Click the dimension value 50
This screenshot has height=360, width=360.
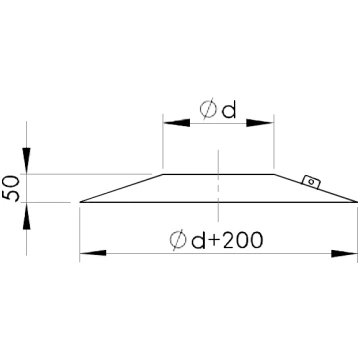(12, 187)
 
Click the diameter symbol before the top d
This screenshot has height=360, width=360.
(208, 109)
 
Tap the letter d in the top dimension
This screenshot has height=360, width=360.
(229, 110)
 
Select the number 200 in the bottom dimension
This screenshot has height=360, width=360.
(242, 240)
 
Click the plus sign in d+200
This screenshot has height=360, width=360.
(214, 241)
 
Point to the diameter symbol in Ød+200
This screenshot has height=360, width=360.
(178, 240)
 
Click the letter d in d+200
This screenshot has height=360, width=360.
(198, 240)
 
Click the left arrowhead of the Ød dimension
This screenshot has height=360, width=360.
(176, 123)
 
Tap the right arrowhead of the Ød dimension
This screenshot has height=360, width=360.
(260, 123)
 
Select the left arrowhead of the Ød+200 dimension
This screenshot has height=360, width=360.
(93, 253)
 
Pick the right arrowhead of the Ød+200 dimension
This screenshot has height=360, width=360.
(344, 253)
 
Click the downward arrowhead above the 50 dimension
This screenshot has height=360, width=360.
(27, 161)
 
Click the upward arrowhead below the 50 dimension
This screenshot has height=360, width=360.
(27, 216)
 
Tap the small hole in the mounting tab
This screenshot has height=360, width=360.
(311, 182)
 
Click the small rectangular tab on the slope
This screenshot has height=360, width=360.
(311, 182)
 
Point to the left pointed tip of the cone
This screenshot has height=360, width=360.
(80, 202)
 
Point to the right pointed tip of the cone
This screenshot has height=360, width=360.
(357, 202)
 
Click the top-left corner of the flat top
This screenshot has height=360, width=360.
(163, 174)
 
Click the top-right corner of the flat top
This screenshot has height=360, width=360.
(274, 174)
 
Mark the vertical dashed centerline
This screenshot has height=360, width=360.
(218, 186)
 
